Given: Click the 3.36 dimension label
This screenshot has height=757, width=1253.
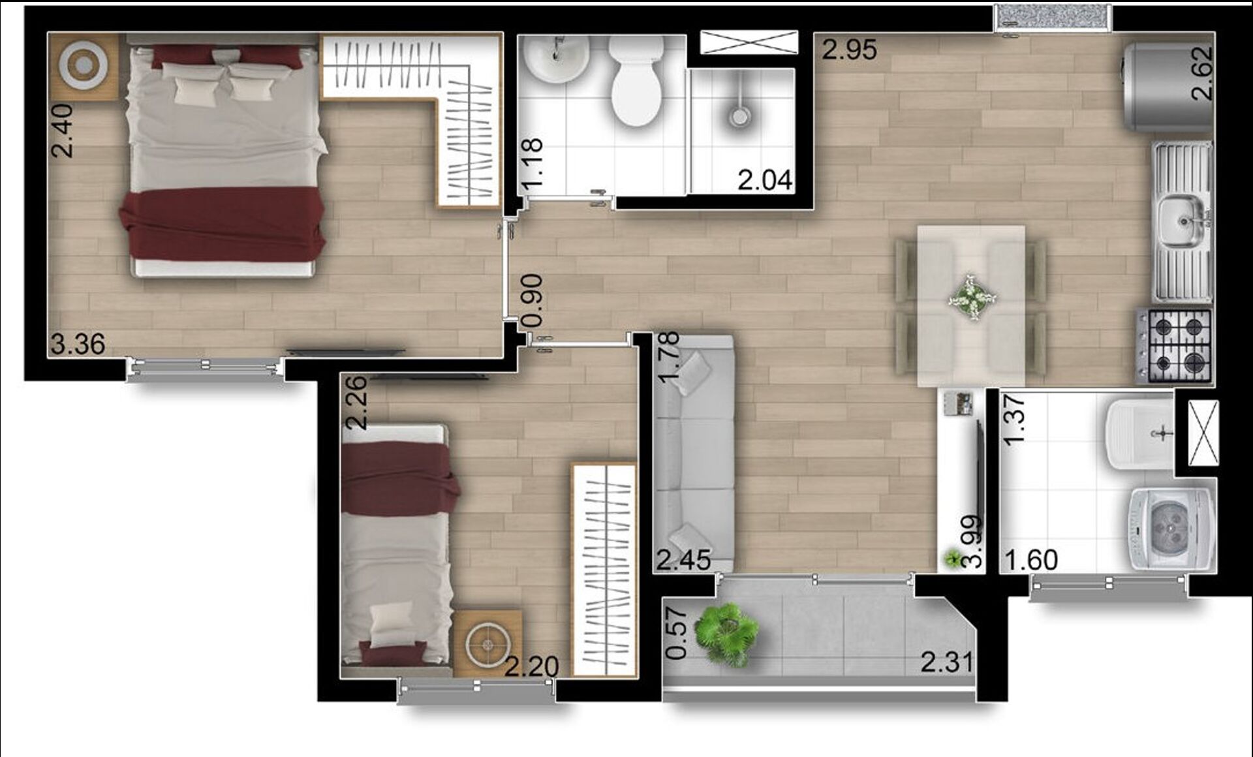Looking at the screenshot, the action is [x=78, y=344].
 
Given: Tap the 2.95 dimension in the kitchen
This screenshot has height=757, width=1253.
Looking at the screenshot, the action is [x=849, y=50].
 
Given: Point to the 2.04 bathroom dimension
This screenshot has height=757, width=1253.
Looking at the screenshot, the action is [x=765, y=180].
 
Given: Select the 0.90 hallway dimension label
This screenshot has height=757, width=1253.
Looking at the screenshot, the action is [x=533, y=300].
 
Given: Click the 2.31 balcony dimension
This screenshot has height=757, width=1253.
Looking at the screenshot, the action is [x=947, y=662].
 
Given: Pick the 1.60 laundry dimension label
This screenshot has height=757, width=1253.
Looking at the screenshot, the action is [x=1030, y=560].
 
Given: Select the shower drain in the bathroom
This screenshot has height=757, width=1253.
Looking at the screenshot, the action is [x=739, y=117].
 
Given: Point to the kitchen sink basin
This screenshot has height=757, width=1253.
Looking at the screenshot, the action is [x=1183, y=222].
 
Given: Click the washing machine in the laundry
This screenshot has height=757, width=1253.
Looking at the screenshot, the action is [x=1173, y=529].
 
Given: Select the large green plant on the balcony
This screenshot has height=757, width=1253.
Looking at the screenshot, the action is [x=726, y=633].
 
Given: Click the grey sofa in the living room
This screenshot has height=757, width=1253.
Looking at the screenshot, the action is [x=694, y=453].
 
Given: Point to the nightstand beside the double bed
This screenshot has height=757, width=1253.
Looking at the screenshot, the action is [x=84, y=66].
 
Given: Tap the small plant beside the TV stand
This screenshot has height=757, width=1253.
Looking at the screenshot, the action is [x=954, y=559].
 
